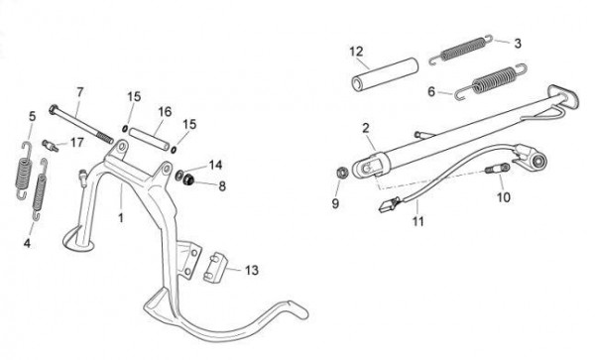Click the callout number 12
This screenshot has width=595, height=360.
(x=356, y=52)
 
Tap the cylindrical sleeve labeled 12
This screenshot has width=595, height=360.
(x=385, y=74)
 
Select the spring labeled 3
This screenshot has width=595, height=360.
(x=461, y=50)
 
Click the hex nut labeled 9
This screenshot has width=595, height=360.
(x=342, y=173)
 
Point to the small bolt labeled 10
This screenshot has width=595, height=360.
(x=497, y=169)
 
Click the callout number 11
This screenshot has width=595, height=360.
(x=417, y=220)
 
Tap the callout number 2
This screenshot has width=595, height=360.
(x=365, y=128)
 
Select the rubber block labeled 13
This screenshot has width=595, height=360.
(x=215, y=268)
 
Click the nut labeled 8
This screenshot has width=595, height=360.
(x=188, y=180)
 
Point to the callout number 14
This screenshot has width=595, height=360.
(x=215, y=165)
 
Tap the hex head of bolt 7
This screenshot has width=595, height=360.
(x=54, y=110)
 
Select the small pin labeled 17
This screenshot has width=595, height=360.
(x=51, y=146)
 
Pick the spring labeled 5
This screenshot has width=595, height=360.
(x=24, y=171)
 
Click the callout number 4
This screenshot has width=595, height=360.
(x=27, y=243)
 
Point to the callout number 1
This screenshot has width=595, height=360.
(x=121, y=218)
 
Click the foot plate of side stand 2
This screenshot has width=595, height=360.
(x=563, y=97)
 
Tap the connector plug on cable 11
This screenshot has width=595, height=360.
(x=388, y=205)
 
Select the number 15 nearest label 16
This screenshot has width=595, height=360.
(x=134, y=97)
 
